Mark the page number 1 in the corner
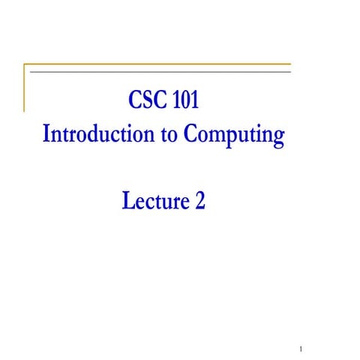(299, 349)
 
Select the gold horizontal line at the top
(157, 64)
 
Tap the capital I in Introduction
(48, 135)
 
